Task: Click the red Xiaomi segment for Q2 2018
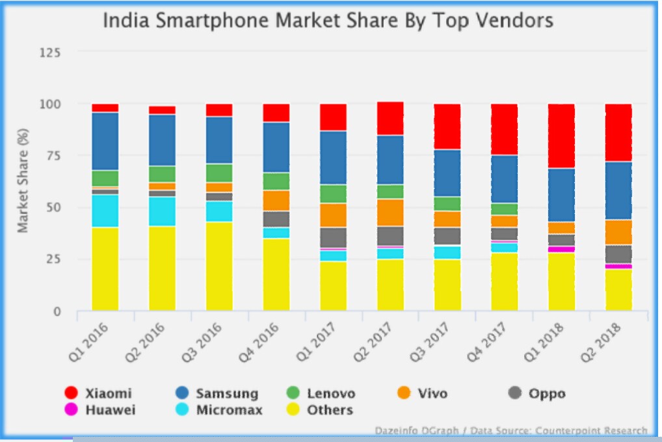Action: [x=618, y=132]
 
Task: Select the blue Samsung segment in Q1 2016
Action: [x=105, y=141]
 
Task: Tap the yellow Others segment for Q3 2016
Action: [x=219, y=266]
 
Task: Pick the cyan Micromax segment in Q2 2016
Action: [x=162, y=211]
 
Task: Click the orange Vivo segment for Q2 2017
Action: [x=390, y=212]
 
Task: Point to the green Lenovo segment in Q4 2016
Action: [x=276, y=181]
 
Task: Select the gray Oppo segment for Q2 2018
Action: [x=618, y=254]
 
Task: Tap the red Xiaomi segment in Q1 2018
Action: [x=561, y=136]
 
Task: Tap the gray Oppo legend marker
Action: [x=515, y=393]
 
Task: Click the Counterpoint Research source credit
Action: [x=591, y=430]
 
